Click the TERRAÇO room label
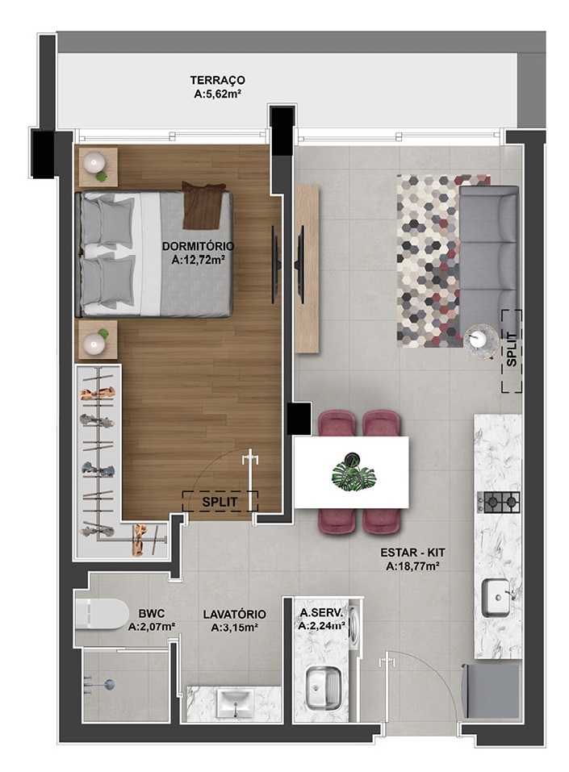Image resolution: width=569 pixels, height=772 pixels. coord(217,87)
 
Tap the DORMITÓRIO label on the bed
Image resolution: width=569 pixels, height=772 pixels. coord(197,252)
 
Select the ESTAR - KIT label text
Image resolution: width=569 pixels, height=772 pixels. coord(412,560)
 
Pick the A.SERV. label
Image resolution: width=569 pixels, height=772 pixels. coord(321,618)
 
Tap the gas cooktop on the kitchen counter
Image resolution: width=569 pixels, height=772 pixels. coord(498,503)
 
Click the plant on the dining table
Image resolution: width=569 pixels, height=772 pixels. coord(354,474)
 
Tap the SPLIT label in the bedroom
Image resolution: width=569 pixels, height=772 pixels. coord(219,500)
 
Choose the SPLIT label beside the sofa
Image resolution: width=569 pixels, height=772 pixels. coord(512,350)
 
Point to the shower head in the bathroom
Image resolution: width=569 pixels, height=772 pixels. coord(110,684)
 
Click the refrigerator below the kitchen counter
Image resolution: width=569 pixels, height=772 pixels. coord(490,691)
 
